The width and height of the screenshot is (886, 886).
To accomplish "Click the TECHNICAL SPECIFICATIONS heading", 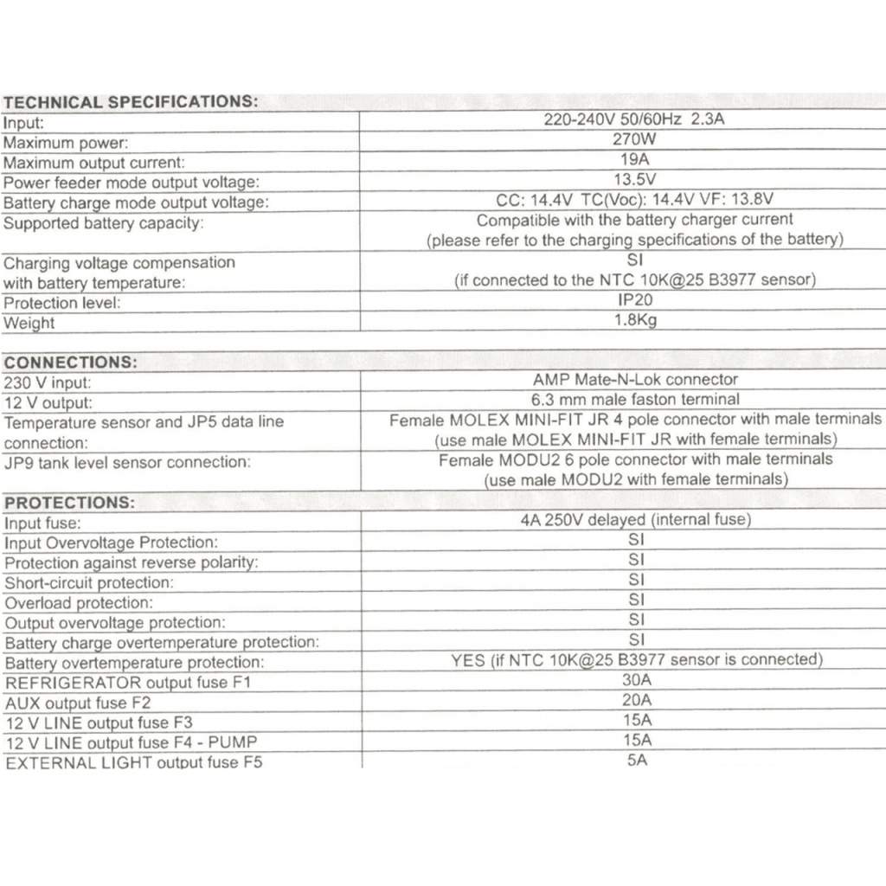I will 131,102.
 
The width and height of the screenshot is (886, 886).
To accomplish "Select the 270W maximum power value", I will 633,138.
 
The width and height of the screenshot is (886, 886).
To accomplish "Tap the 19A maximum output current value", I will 635,159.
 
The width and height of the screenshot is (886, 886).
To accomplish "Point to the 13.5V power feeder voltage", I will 634,179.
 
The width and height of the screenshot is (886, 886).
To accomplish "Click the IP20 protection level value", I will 635,301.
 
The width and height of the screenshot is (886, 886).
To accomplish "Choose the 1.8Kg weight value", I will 635,321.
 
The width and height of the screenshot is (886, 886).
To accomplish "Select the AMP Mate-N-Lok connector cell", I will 635,379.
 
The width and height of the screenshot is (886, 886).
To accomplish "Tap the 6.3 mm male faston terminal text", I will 635,400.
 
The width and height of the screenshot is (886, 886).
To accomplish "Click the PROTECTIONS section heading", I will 70,503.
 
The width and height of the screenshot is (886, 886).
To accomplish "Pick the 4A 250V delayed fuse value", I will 635,520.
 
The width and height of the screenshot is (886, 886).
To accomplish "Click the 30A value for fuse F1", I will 636,680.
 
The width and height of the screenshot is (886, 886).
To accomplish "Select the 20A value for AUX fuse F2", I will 636,701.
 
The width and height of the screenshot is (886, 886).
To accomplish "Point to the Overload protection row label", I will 79,603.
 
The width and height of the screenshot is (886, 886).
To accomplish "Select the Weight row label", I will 29,324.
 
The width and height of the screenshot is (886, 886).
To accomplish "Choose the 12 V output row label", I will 48,403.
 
